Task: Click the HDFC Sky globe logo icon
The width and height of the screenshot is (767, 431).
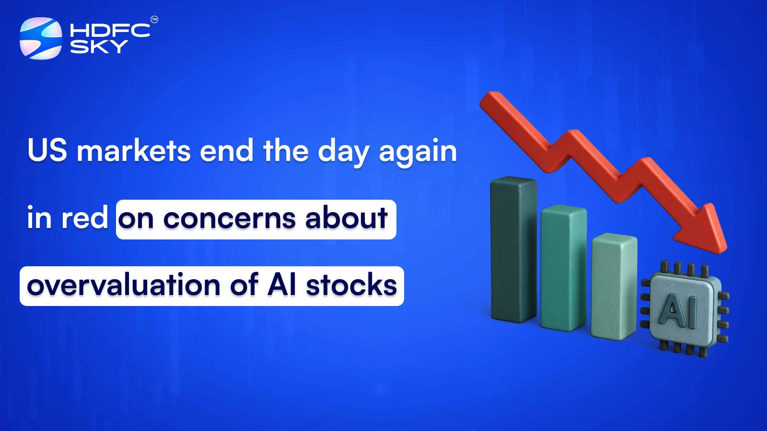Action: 41,38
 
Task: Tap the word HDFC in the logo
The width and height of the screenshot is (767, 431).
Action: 110,31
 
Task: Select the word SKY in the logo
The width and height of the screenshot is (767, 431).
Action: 99,46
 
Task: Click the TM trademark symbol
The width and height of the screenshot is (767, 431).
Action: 154,20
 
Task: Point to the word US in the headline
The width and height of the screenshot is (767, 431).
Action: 47,150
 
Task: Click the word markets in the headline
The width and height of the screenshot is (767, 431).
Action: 134,151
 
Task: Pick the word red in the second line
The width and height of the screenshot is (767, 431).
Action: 84,218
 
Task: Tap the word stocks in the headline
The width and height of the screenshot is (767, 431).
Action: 351,285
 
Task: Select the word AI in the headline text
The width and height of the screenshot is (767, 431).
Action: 282,285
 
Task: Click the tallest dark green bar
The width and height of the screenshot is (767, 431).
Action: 513,249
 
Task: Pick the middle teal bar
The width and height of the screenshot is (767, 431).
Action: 563,268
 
